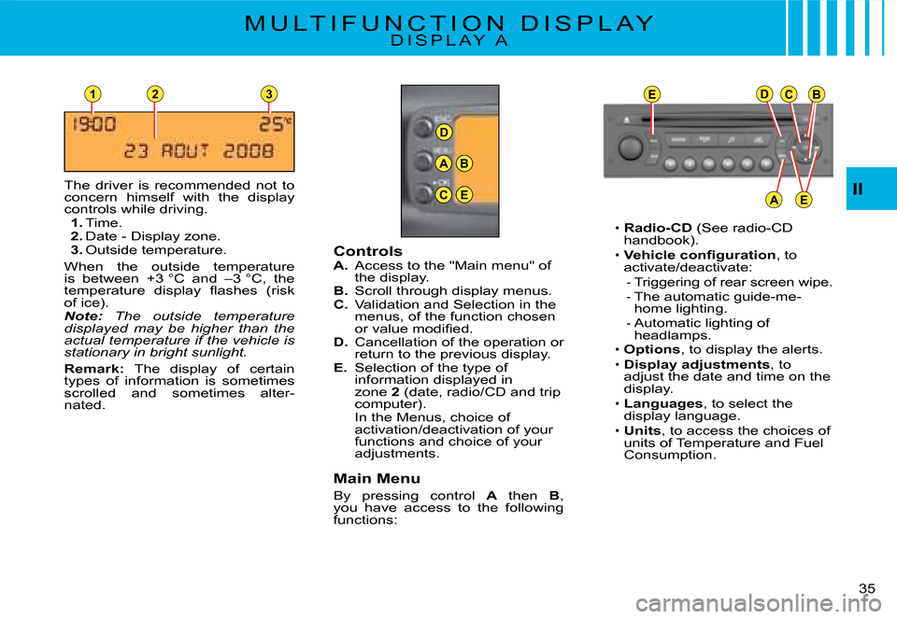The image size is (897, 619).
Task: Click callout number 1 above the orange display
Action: [93, 93]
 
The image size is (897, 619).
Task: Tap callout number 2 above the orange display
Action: [154, 93]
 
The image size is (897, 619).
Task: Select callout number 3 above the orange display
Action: [269, 93]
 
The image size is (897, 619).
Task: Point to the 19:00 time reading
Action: [93, 124]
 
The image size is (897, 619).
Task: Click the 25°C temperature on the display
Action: [275, 124]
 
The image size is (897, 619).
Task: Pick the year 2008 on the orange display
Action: [249, 151]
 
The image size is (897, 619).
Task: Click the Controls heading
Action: [368, 251]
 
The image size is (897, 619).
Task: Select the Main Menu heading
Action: [377, 478]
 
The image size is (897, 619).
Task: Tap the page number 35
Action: [867, 588]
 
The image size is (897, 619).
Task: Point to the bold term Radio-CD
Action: [658, 228]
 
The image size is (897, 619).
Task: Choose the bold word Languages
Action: [663, 404]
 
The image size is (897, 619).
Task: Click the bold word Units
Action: [642, 431]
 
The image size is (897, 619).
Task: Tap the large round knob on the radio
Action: [631, 148]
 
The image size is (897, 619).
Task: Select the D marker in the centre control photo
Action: [444, 133]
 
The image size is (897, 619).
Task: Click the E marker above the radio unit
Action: [651, 94]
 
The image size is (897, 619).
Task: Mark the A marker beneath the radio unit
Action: [774, 200]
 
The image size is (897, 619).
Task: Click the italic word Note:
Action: [83, 317]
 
